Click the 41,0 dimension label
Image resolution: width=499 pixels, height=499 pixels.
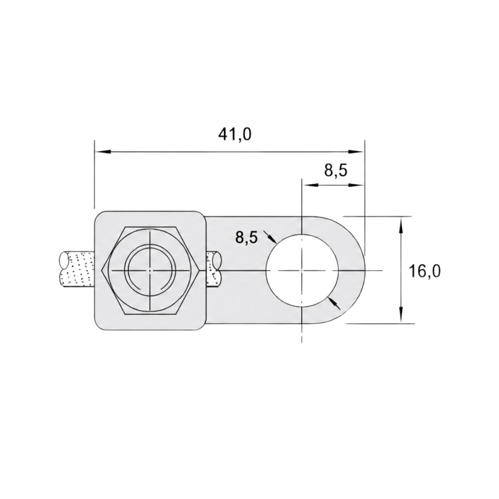[235, 134]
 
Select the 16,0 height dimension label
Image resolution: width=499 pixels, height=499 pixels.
[425, 271]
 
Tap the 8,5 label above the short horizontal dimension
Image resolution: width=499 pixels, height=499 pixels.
[336, 171]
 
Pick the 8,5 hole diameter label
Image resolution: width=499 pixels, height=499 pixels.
[246, 237]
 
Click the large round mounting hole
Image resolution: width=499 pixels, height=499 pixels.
[302, 270]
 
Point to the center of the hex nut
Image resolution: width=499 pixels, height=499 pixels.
[150, 270]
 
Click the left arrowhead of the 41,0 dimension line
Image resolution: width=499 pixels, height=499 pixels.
[102, 152]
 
